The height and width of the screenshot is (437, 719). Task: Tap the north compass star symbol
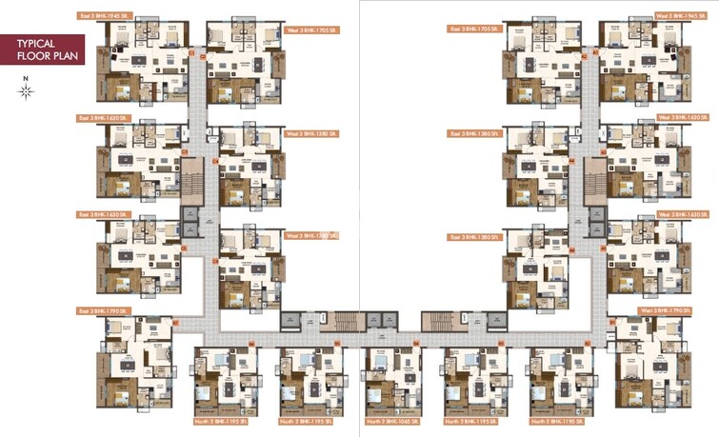click(x=27, y=91)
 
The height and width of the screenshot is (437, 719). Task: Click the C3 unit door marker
click(x=183, y=151)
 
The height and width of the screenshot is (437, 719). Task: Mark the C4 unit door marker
click(x=215, y=161)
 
